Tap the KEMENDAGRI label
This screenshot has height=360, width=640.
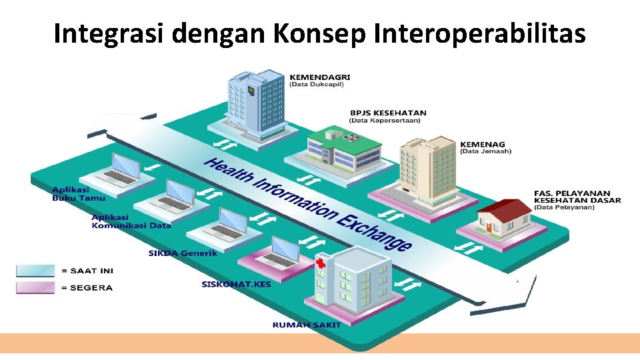pyautogui.click(x=319, y=77)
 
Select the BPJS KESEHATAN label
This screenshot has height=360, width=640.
pyautogui.click(x=387, y=113)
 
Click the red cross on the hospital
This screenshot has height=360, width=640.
pyautogui.click(x=321, y=264)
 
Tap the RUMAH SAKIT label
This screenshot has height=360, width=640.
pyautogui.click(x=306, y=325)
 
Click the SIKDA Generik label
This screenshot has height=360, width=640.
pyautogui.click(x=183, y=253)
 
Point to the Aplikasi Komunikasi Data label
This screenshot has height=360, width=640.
pyautogui.click(x=131, y=221)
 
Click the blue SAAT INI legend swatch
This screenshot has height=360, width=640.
pyautogui.click(x=36, y=271)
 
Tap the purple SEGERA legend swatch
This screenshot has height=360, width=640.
pyautogui.click(x=36, y=287)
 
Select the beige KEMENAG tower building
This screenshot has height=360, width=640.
pyautogui.click(x=426, y=170)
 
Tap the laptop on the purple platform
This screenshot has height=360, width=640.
pyautogui.click(x=280, y=253)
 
